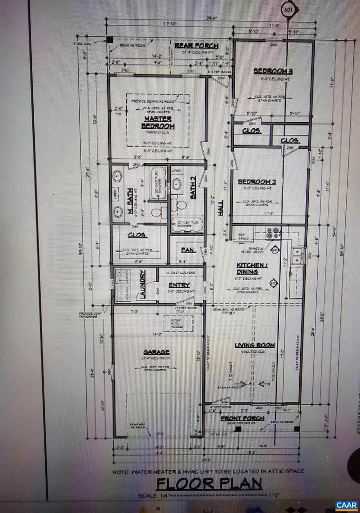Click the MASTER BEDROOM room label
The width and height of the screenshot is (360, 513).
158,122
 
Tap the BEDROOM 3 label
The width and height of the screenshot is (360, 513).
272,71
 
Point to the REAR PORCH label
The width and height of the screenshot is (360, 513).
196,46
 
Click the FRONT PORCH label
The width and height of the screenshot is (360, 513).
242,418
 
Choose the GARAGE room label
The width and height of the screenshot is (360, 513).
156,352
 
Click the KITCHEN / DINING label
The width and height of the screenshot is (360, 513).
247,268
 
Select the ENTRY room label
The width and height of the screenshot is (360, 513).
179,285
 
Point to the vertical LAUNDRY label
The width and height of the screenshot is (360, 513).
141,284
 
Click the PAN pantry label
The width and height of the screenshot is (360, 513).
186,249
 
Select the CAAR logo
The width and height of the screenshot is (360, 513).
346,504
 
